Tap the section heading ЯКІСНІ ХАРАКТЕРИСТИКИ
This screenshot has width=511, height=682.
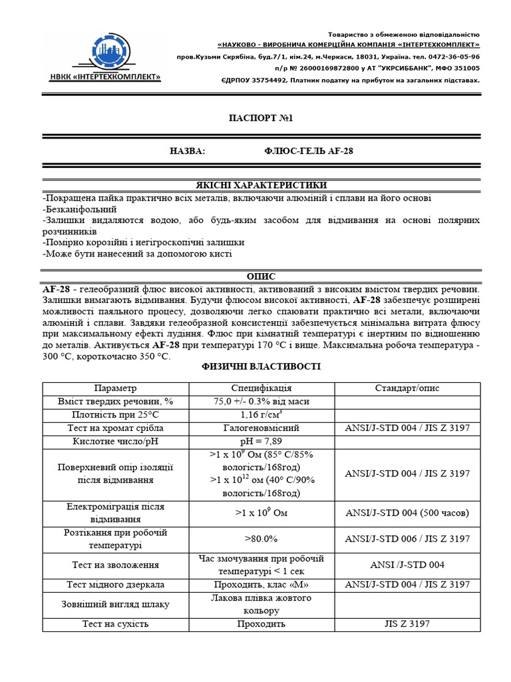(261, 184)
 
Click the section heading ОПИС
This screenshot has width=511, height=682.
(261, 276)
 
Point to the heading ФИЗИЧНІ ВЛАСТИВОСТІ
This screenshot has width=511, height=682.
(261, 367)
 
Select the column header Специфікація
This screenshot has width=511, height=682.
(261, 388)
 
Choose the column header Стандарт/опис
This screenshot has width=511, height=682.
(407, 388)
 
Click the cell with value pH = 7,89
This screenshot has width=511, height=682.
(261, 441)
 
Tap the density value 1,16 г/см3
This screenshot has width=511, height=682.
(261, 414)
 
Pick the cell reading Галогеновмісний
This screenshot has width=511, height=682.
(261, 428)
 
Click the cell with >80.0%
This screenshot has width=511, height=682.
(261, 539)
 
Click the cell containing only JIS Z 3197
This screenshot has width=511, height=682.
(407, 624)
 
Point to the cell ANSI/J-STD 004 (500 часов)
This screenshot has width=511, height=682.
(407, 513)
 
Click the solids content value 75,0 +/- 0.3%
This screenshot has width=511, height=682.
(261, 402)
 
